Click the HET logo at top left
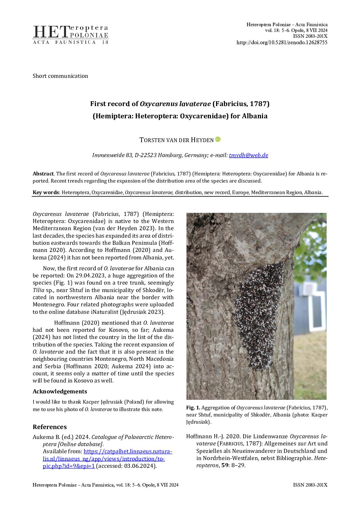coord(70,35)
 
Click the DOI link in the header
coord(282,43)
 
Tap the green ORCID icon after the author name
coord(218,139)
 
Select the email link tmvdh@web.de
coord(248,155)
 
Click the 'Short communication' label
coord(60,76)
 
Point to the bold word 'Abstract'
coord(43,174)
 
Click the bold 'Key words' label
coord(46,192)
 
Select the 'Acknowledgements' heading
coord(60,391)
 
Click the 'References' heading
coord(50,427)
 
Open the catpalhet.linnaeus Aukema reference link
coord(107,459)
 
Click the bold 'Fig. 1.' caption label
coord(193,408)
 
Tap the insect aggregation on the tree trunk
coord(259,316)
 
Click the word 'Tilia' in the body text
coord(38,290)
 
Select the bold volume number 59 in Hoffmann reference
coord(224,465)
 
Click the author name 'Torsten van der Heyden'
coord(176,140)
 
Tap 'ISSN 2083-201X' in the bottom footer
coord(310,485)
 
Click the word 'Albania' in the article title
coord(255,116)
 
